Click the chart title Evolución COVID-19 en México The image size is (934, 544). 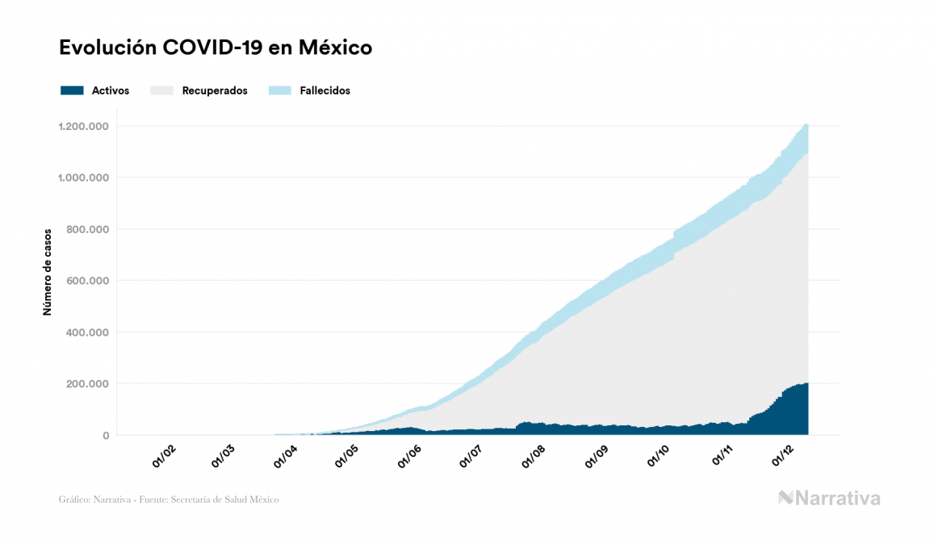coord(216,48)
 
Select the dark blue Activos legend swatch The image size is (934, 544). coord(72,90)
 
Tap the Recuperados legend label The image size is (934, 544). coord(215,90)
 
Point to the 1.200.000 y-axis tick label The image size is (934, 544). coord(83,126)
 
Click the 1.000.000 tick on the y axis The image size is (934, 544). coord(83,178)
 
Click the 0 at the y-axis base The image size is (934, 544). coord(105,436)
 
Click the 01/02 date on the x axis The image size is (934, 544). coord(163,456)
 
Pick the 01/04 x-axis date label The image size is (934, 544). coord(287,456)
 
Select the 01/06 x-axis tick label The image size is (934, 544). coord(410,456)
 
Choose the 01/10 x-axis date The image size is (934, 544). coord(660,456)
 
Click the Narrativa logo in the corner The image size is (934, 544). coord(829,498)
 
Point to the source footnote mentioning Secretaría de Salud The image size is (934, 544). coord(169,500)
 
